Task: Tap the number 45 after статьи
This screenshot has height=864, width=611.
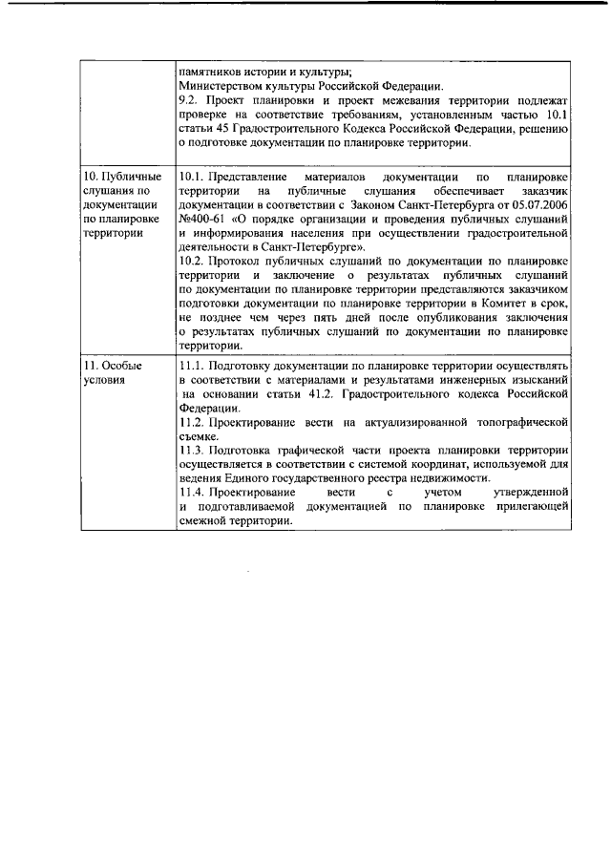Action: (216, 129)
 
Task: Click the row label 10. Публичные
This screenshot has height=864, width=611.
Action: (123, 177)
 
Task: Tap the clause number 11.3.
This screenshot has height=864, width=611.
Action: (192, 450)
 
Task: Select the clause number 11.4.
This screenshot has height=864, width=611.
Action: (192, 493)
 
